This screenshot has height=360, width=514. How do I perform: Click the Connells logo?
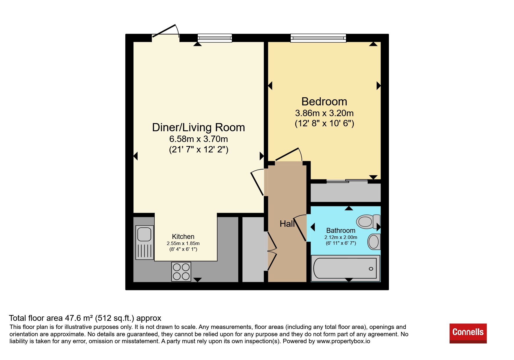coord(468,333)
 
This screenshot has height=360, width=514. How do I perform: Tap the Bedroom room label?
coord(324,102)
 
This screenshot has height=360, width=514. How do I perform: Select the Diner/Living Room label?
coord(199,127)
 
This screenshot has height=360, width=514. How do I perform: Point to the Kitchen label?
coord(183,237)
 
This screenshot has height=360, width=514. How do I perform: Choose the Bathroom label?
coord(341,231)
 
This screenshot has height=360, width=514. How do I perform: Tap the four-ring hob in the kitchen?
coord(181,271)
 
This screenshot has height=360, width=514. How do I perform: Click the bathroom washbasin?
coord(374,242)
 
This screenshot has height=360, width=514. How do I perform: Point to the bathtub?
coord(345,268)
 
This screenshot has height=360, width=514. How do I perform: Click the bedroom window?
coord(318,38)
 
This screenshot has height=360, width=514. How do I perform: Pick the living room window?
coord(215,38)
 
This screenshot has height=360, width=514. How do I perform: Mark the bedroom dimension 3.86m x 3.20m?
coord(324,113)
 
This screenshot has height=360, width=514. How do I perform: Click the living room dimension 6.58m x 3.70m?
coord(199,139)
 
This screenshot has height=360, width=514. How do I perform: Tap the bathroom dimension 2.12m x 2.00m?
coord(341,237)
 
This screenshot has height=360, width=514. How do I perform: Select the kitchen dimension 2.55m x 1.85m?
coord(183,243)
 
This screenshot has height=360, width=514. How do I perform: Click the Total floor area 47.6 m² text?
coord(85,318)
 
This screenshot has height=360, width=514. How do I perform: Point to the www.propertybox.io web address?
coord(343,341)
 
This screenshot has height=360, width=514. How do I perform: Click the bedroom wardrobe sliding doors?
coord(347,181)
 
